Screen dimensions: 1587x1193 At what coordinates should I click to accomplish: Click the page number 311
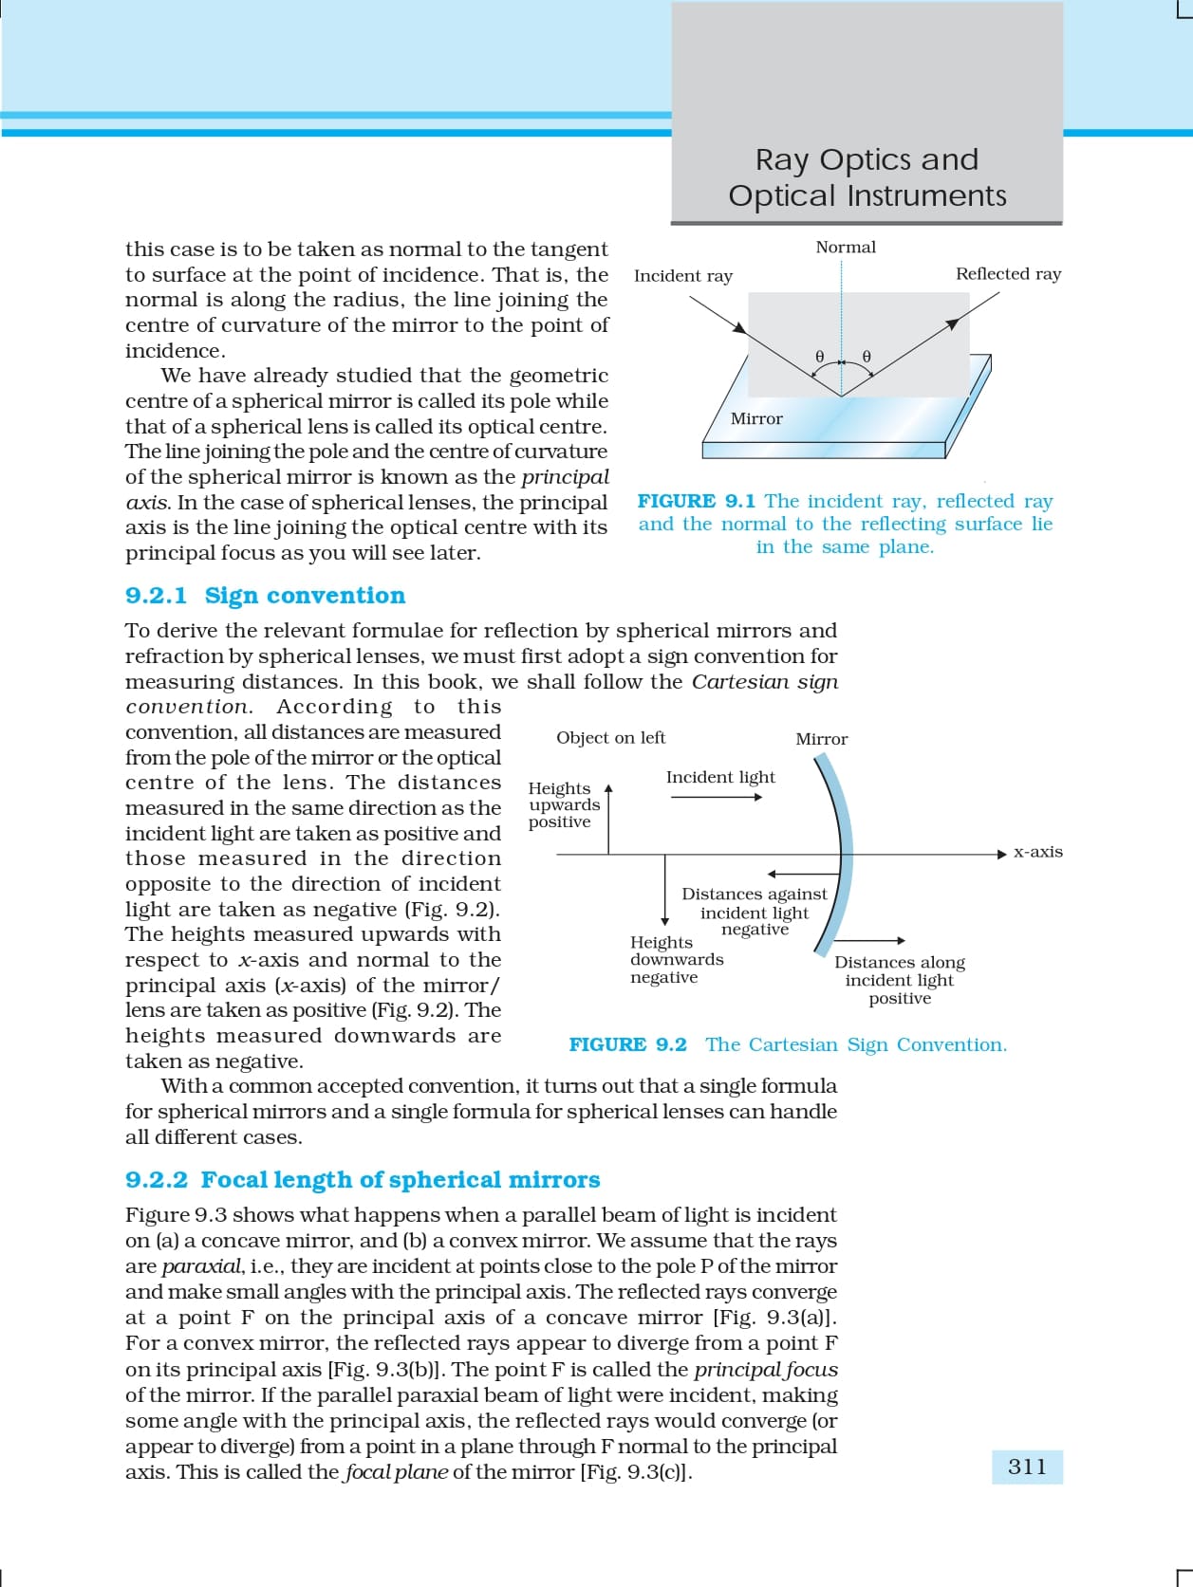tap(1027, 1467)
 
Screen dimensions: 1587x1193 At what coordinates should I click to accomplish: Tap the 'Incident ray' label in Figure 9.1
tap(683, 276)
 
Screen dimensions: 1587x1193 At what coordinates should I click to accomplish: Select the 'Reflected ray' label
tap(1008, 274)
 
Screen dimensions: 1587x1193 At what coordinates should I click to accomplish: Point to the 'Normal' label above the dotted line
tap(846, 248)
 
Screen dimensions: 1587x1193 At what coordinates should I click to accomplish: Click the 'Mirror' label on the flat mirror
tap(756, 418)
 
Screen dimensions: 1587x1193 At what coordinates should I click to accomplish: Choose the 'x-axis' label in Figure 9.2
tap(1038, 852)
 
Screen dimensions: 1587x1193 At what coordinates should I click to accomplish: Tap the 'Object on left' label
tap(610, 738)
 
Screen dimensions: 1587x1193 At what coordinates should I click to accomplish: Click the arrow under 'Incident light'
tap(716, 797)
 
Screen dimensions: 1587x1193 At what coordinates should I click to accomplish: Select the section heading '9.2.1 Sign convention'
tap(265, 596)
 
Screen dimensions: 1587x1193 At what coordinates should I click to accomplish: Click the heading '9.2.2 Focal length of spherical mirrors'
tap(363, 1180)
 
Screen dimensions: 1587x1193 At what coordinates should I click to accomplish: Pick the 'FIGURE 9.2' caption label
tap(627, 1045)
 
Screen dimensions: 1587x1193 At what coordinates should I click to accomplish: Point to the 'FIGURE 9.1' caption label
tap(696, 501)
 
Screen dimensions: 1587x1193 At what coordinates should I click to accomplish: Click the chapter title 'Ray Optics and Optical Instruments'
tap(867, 177)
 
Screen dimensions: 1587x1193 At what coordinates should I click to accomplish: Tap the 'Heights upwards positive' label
tap(564, 805)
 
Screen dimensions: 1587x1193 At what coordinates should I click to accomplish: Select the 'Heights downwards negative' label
tap(677, 960)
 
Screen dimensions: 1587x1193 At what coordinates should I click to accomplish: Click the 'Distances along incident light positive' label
tap(900, 980)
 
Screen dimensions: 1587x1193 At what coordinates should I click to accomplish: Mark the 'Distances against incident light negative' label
tap(755, 912)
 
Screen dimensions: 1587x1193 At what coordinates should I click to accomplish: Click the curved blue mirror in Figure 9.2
tap(841, 854)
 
